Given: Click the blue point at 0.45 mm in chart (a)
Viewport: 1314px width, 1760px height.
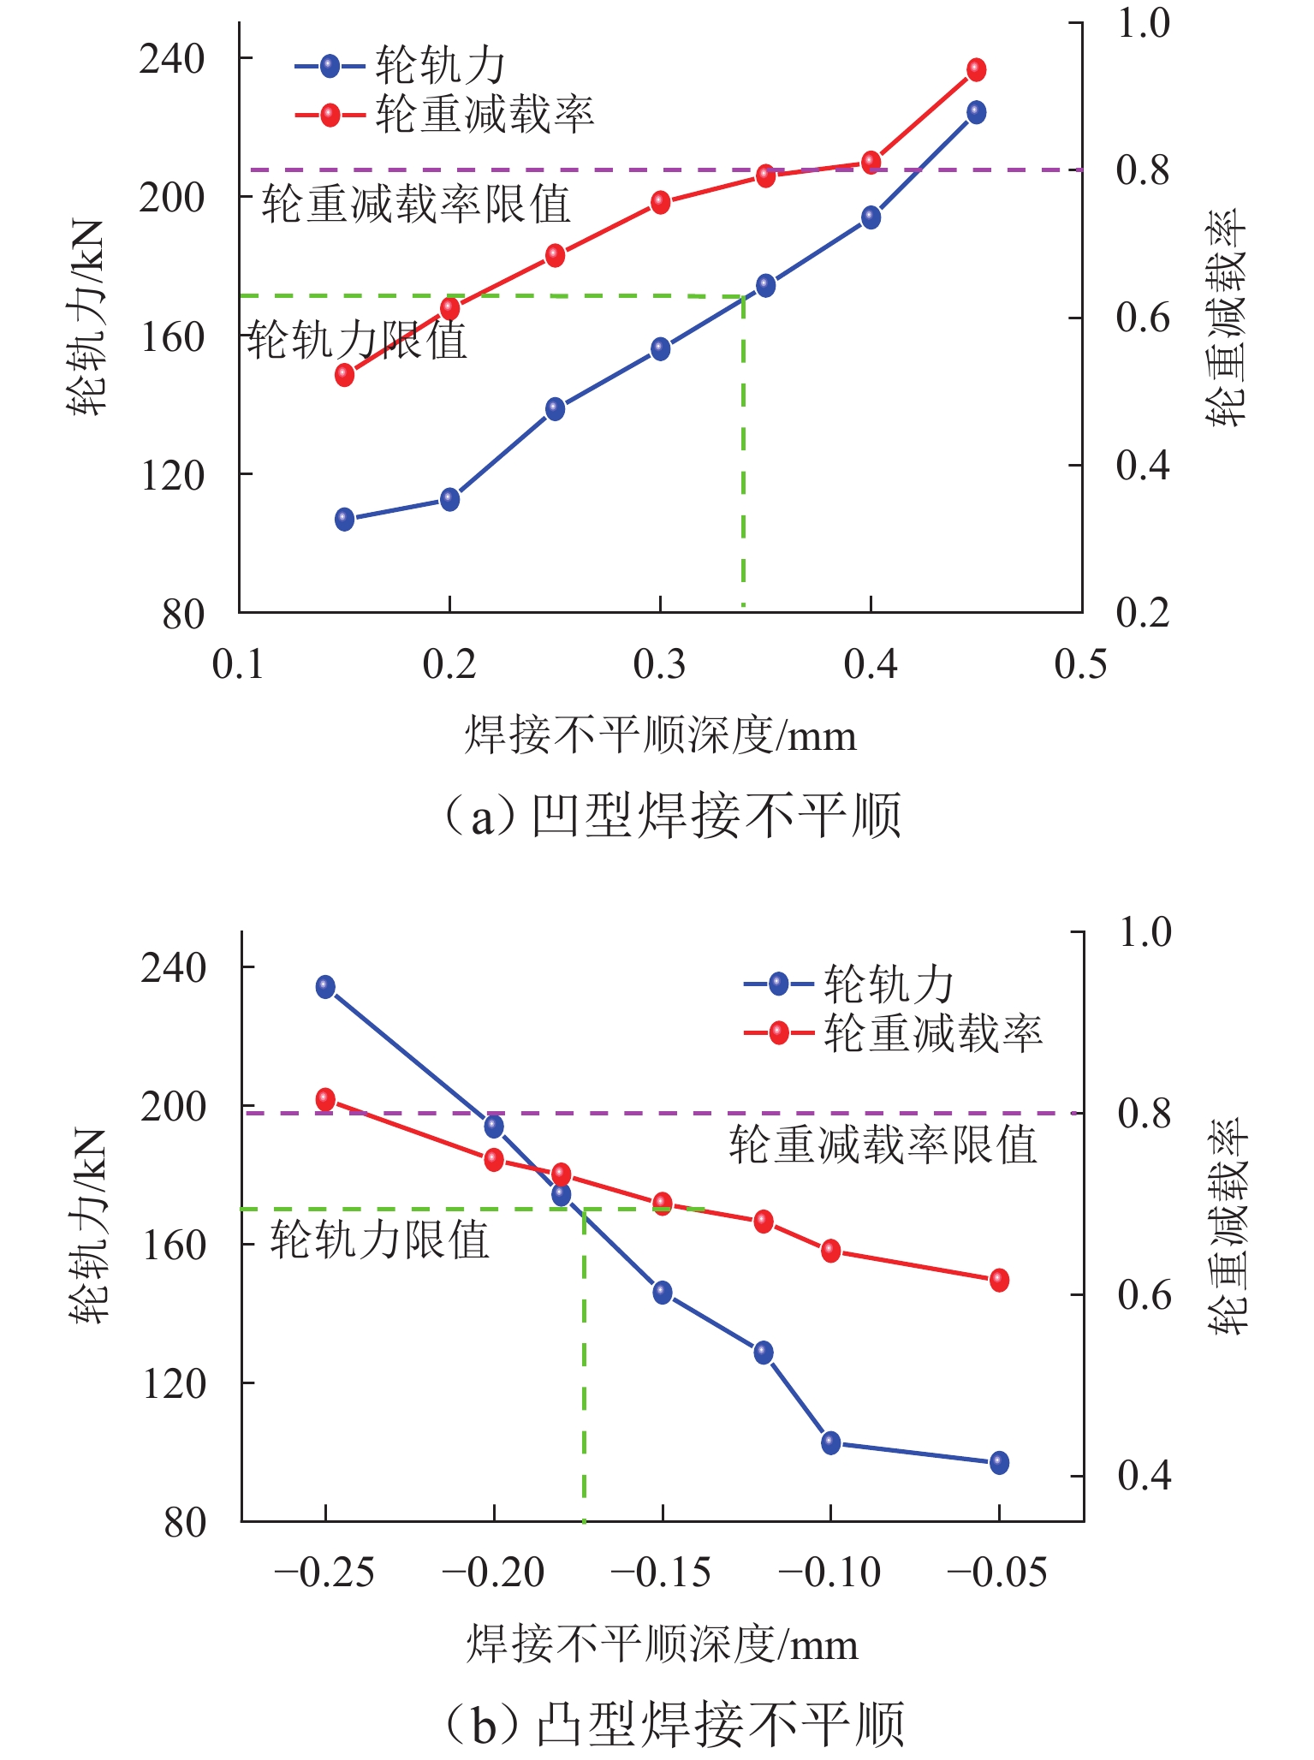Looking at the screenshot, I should (x=976, y=112).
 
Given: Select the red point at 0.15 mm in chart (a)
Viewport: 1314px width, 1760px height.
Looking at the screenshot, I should (x=344, y=374).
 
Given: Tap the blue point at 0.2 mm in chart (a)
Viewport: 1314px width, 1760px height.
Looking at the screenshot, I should (x=449, y=499).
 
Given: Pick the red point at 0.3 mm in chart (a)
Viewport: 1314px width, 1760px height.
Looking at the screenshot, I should (x=660, y=202).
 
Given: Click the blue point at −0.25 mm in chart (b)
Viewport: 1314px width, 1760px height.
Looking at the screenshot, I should (x=325, y=986).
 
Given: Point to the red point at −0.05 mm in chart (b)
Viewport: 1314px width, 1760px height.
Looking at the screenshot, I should (x=999, y=1280).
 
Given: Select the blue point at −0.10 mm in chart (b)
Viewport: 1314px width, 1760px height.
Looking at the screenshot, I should (x=830, y=1442).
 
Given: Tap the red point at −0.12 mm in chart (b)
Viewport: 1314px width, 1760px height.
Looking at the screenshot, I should (x=764, y=1222).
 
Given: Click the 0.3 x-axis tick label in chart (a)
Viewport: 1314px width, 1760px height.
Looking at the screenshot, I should (x=660, y=664).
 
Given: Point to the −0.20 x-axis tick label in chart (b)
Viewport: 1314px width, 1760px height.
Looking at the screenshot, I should (x=494, y=1573).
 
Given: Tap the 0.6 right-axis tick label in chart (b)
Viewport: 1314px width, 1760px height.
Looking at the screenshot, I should (x=1145, y=1295).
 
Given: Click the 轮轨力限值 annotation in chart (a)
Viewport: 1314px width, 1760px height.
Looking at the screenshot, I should (x=358, y=340).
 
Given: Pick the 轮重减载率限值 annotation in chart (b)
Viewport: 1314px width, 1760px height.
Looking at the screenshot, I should (x=883, y=1145).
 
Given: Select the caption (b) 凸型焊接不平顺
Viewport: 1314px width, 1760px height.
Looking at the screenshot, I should (x=673, y=1724).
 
